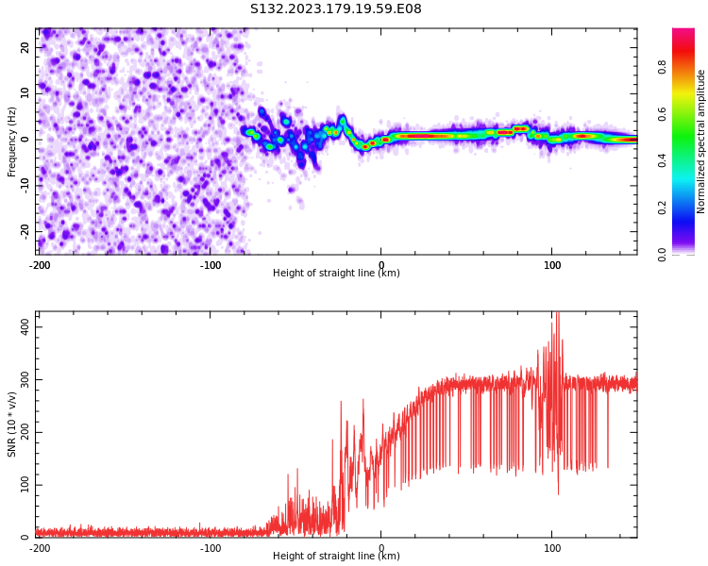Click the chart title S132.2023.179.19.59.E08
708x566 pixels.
coord(335,8)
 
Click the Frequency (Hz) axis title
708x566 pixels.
coord(11,141)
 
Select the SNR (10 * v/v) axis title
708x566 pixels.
coord(11,424)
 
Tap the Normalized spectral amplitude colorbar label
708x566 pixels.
coord(700,141)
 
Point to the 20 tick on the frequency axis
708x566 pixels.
coord(25,47)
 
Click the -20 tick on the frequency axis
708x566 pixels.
coord(25,231)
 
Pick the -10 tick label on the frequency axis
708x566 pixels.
coord(25,186)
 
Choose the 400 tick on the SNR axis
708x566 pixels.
coord(25,326)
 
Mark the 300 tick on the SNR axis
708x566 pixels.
coord(25,379)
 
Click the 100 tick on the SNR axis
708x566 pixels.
coord(25,485)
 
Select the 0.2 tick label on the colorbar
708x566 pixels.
coord(662,208)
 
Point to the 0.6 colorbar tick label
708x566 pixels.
coord(662,114)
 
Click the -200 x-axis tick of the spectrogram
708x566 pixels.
coord(40,265)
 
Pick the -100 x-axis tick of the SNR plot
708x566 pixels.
coord(211,548)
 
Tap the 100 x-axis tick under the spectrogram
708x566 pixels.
coord(552,265)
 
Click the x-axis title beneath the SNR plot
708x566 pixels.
coord(336,556)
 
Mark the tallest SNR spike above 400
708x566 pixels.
coord(557,314)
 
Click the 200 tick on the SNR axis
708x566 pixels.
coord(25,432)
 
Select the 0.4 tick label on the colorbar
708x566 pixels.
coord(662,161)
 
